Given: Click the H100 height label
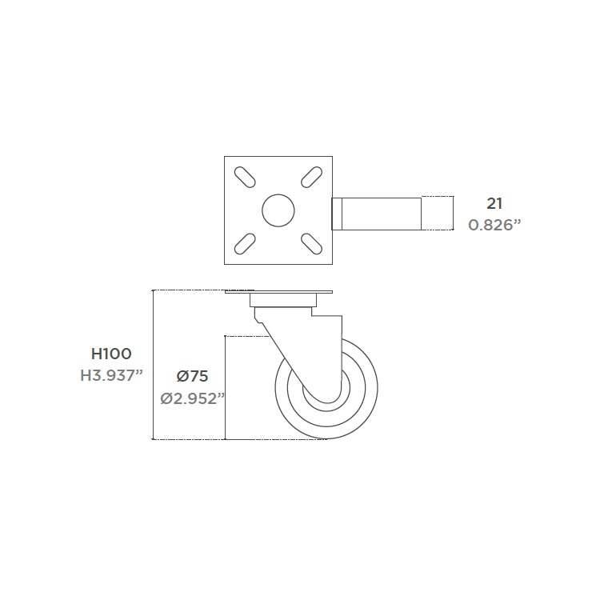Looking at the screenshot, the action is [111, 354].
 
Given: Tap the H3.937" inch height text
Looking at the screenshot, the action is [111, 376].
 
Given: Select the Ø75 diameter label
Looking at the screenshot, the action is [192, 376].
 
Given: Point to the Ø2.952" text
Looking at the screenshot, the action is [192, 398].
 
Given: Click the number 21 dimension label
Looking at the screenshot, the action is [494, 204].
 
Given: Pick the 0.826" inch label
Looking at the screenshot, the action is [494, 225].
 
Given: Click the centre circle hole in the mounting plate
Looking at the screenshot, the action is [278, 210].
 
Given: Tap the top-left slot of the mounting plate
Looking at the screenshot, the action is [245, 177].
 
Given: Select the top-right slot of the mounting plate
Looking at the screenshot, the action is [311, 177].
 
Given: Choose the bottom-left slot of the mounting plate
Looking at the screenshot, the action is [245, 244].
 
